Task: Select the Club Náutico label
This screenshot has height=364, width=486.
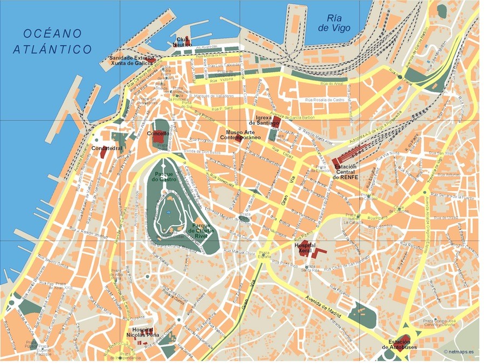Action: (x=182, y=42)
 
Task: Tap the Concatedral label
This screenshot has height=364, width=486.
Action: (x=106, y=147)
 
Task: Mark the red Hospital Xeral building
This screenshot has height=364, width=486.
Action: (x=319, y=252)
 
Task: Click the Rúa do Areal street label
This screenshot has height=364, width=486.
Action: (x=332, y=83)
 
